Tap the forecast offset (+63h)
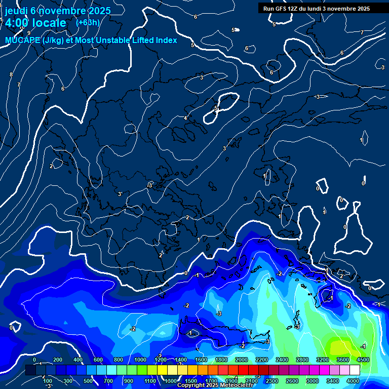pos(88,23)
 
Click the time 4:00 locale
pos(35,23)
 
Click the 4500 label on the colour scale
pos(363,360)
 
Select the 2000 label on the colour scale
pos(242,360)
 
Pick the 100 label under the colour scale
pos(48,380)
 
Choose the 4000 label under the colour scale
pos(353,380)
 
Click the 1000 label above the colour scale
pos(140,360)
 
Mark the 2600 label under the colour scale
pos(292,380)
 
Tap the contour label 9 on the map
pos(28,33)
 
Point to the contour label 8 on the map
pos(11,74)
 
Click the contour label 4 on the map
pos(185,118)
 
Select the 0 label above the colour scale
pos(34,360)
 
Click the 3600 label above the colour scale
pos(342,360)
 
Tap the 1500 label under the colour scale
pos(190,380)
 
